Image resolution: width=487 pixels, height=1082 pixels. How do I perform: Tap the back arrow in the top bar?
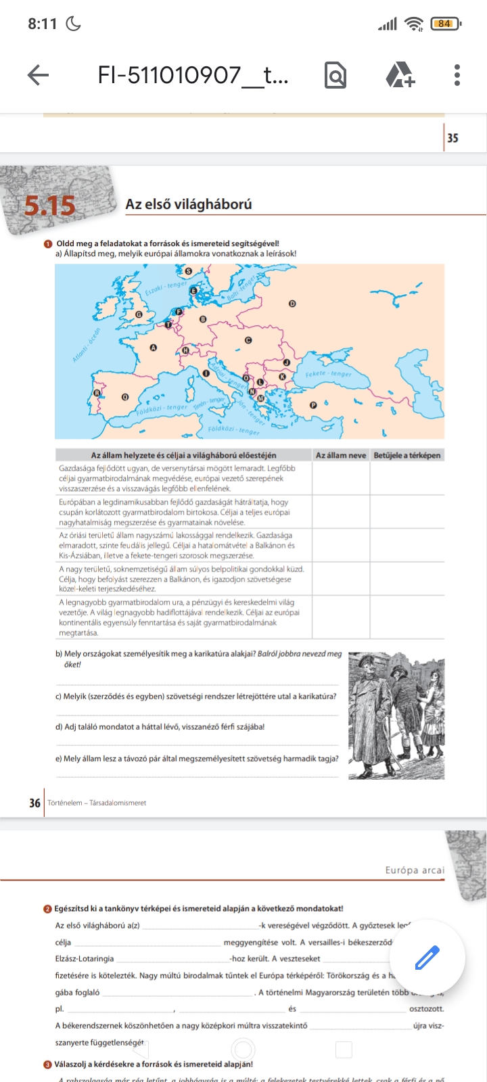[x=39, y=75]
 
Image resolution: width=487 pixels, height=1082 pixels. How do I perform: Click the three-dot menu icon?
[x=457, y=75]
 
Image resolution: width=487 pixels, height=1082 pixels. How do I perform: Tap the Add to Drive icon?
[x=400, y=75]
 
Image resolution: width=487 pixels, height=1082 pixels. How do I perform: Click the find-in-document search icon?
[x=335, y=75]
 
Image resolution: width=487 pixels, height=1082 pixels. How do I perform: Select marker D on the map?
[x=292, y=304]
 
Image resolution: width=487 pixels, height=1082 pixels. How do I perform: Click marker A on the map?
[x=154, y=348]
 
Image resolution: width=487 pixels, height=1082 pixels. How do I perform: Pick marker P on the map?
[x=313, y=405]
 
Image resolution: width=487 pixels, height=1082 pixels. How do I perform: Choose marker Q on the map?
[x=124, y=397]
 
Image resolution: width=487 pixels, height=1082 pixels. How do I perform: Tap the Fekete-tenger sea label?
[x=329, y=374]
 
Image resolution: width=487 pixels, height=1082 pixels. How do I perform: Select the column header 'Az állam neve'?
[x=341, y=455]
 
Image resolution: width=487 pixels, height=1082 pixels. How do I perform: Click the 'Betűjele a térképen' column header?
[x=407, y=455]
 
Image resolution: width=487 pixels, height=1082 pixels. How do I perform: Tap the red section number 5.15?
[x=49, y=206]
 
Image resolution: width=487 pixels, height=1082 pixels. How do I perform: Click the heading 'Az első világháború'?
[x=189, y=204]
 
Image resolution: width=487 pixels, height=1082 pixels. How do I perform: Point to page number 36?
[x=34, y=803]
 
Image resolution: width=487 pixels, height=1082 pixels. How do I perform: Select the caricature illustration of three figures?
[x=396, y=715]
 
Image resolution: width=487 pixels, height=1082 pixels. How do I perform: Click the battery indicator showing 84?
[x=444, y=24]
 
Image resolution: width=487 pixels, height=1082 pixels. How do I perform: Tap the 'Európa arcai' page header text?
[x=415, y=870]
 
